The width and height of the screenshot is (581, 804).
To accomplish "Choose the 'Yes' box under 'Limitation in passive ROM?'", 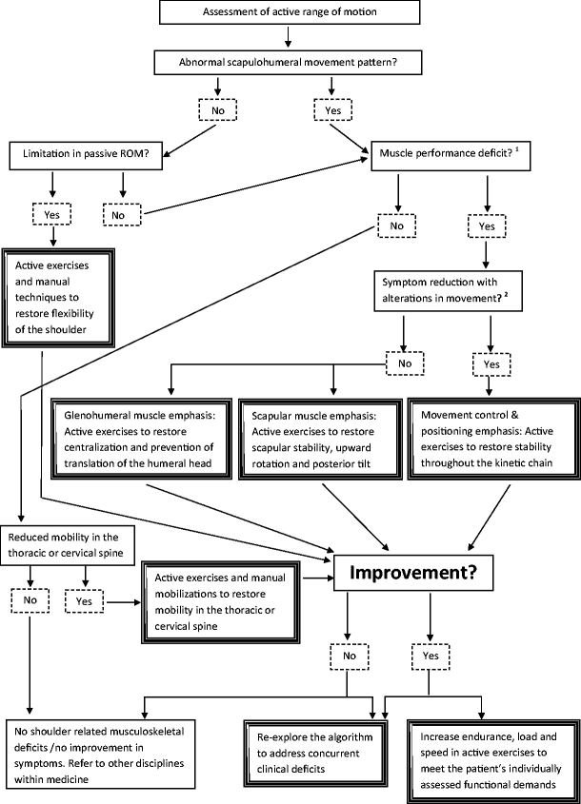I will coord(51,215).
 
